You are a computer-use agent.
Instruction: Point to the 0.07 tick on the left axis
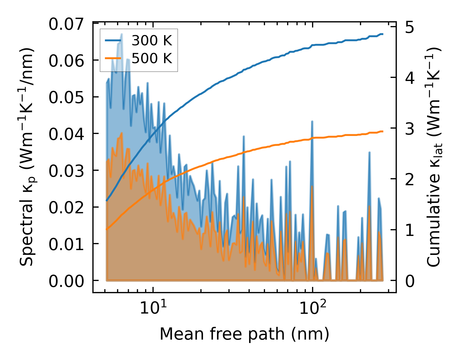[x=66, y=24]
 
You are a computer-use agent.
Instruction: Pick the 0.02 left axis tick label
[x=66, y=207]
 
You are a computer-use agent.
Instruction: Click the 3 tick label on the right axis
[x=410, y=129]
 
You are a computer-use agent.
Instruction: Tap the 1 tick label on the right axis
[x=410, y=230]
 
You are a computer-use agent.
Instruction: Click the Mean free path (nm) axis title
[x=244, y=334]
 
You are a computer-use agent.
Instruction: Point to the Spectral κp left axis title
[x=27, y=157]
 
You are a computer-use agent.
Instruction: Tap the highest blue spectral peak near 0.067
[x=122, y=34]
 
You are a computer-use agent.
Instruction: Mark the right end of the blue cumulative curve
[x=383, y=34]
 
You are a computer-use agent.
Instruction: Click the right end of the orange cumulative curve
[x=383, y=131]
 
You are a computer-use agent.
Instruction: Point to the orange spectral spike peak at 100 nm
[x=312, y=186]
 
